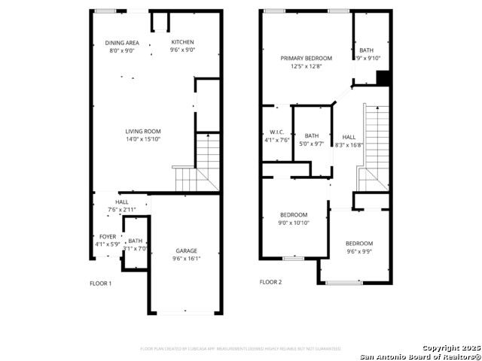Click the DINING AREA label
coord(121,43)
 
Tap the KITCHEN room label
coord(182,42)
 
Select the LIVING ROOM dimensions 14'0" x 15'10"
coord(143,139)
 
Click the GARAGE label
coord(187,251)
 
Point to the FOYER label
coord(108,236)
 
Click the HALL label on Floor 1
coord(121,202)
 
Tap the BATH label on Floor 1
coord(135,241)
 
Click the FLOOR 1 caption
coord(100,283)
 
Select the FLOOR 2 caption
coord(270,283)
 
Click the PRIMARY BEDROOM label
coord(306,58)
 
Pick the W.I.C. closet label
coord(276,131)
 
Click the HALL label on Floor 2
coord(349,137)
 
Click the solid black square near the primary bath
coord(382,77)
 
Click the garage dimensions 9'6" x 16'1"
coord(187,259)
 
